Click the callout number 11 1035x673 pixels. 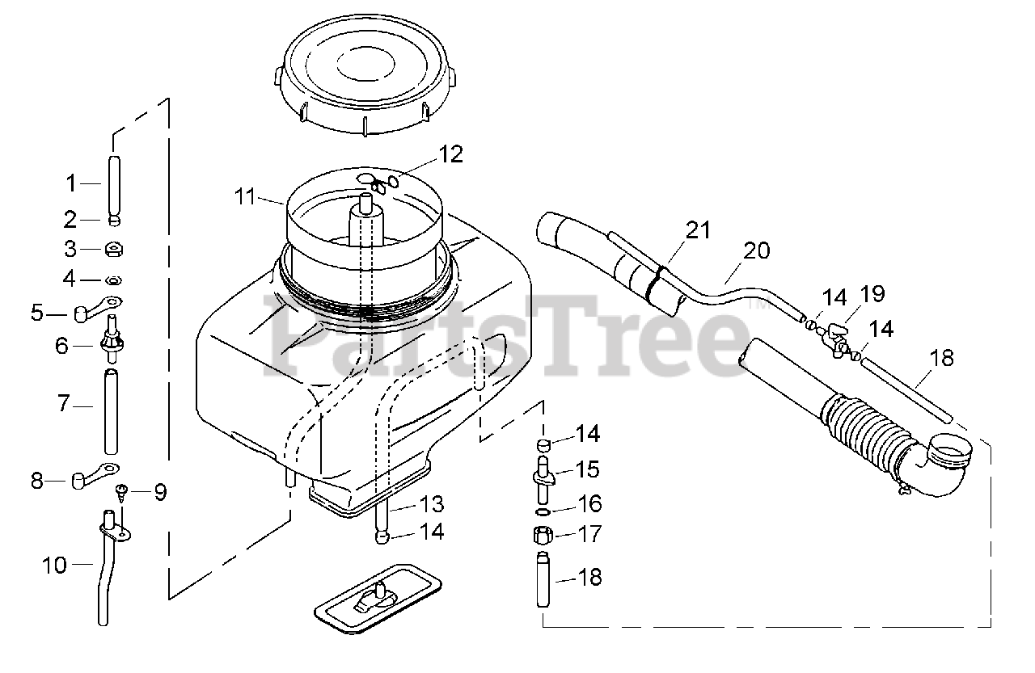point(245,196)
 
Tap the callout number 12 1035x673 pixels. point(451,154)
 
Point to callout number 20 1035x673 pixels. point(757,250)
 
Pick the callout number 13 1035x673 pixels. point(432,504)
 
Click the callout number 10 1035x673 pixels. point(55,565)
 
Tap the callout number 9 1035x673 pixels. point(160,491)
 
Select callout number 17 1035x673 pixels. point(589,534)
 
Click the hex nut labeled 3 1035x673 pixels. point(114,250)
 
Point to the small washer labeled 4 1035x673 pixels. point(114,280)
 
